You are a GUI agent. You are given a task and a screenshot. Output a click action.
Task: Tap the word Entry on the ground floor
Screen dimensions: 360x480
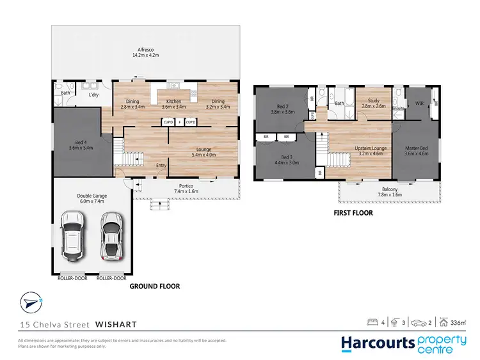161,166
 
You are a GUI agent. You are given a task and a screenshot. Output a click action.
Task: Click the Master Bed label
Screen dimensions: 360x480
415,151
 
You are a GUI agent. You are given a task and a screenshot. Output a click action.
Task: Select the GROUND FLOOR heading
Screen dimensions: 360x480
155,286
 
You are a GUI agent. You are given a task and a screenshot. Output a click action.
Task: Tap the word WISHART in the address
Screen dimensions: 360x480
114,324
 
